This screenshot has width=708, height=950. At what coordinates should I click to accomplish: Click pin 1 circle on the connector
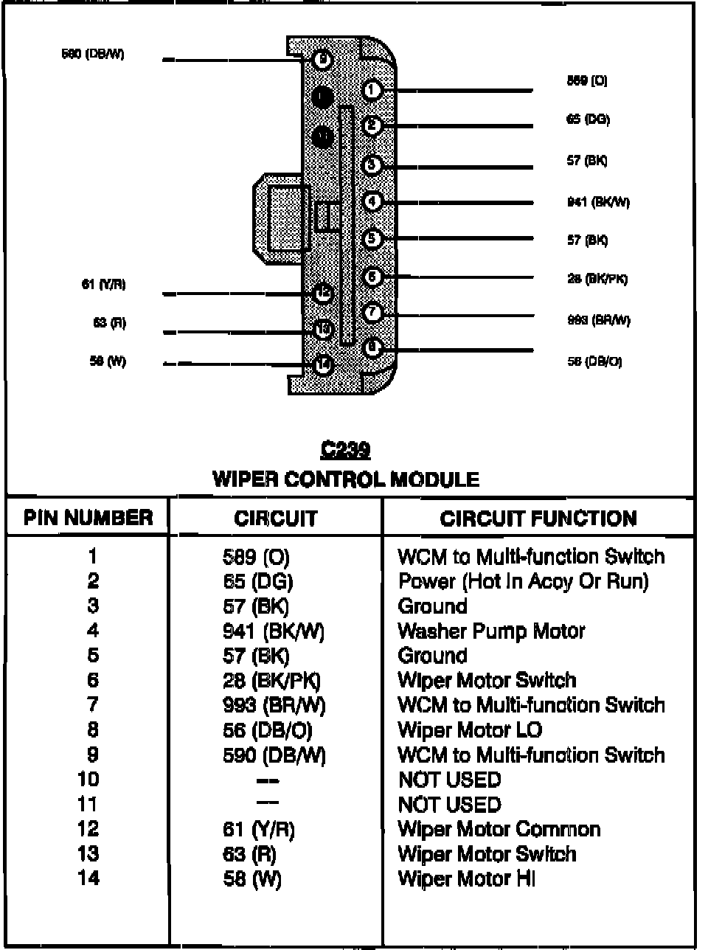[x=372, y=90]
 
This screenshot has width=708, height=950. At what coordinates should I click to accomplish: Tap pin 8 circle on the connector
[x=372, y=346]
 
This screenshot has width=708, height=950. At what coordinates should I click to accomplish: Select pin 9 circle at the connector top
[x=322, y=60]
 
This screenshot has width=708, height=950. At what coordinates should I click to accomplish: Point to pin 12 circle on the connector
[x=323, y=294]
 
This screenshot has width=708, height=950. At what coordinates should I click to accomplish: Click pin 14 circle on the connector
[x=323, y=364]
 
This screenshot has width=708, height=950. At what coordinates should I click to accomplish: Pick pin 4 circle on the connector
[x=372, y=201]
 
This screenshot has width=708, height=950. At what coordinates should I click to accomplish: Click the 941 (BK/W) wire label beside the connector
[x=598, y=202]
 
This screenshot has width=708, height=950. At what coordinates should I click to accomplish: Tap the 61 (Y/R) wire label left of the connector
[x=103, y=285]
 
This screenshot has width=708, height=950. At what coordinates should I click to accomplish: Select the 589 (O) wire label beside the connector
[x=587, y=81]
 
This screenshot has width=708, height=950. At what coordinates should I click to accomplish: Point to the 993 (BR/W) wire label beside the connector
[x=598, y=320]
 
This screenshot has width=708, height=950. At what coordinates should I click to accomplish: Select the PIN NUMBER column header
[x=88, y=518]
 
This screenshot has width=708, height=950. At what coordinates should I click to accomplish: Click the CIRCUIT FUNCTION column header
[x=538, y=519]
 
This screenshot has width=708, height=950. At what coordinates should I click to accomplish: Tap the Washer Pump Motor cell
[x=490, y=631]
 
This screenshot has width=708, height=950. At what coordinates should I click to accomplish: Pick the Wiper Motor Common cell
[x=499, y=829]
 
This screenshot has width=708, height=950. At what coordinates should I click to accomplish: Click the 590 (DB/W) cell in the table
[x=274, y=755]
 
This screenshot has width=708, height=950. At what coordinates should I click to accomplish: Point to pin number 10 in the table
[x=88, y=780]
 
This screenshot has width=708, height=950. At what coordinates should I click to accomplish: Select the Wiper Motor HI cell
[x=466, y=878]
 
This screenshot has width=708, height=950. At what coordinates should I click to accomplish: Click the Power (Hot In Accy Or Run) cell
[x=523, y=581]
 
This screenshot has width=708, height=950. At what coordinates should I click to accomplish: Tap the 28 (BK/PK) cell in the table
[x=272, y=681]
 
